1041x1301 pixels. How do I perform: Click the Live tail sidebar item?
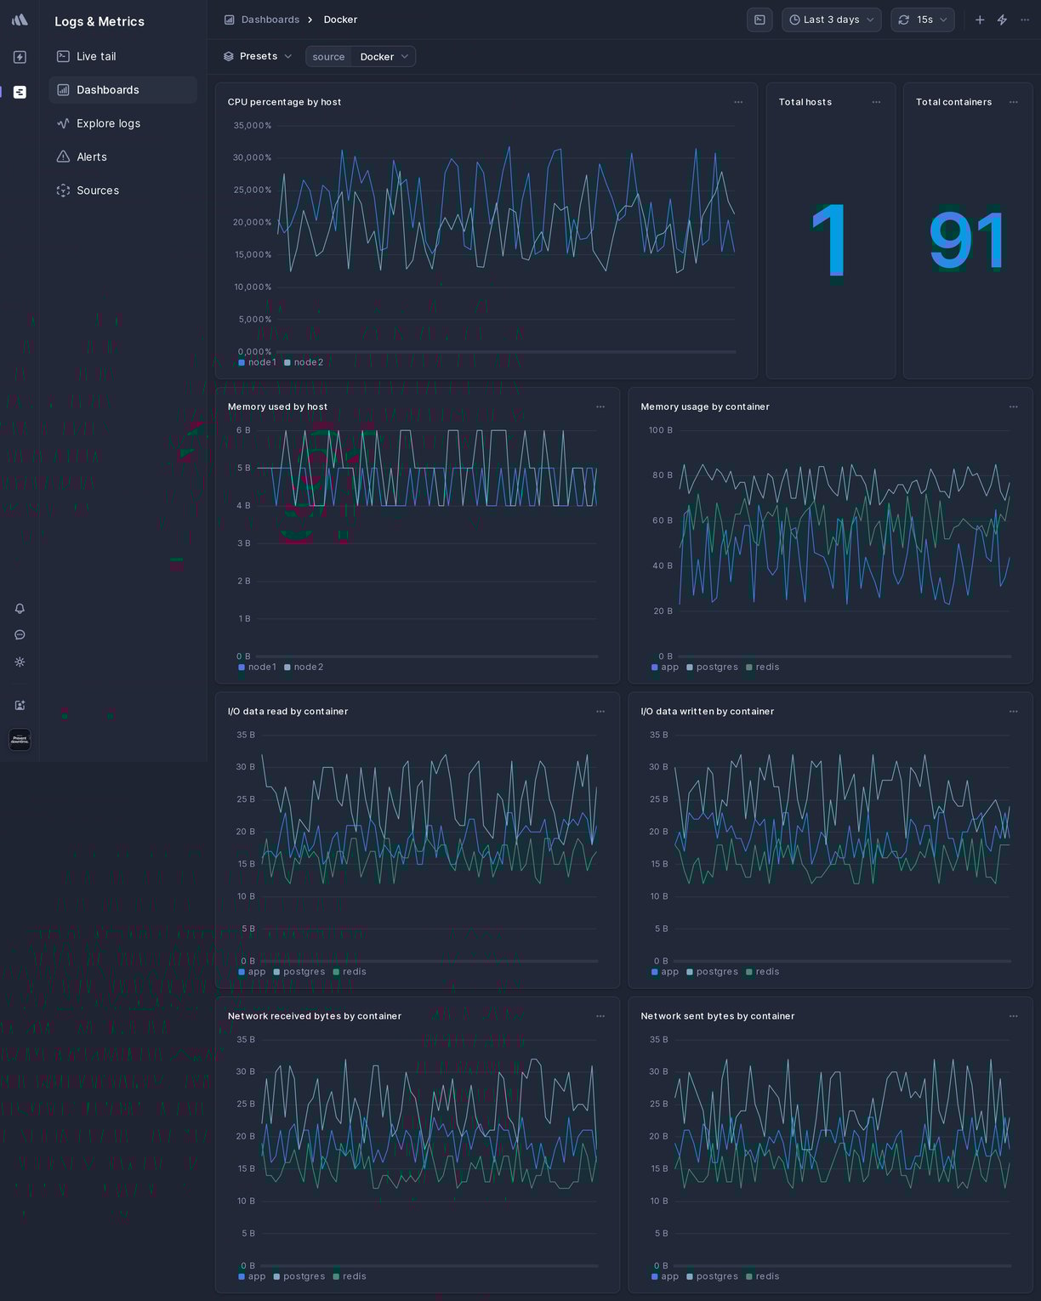[95, 56]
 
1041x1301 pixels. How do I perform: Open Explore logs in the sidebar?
[108, 123]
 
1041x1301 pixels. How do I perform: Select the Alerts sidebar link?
[91, 157]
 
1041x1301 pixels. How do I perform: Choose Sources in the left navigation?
[97, 190]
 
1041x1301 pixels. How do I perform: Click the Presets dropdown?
[258, 56]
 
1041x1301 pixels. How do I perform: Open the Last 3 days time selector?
[831, 20]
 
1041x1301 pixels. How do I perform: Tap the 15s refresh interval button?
[923, 20]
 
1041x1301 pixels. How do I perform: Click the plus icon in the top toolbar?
[980, 20]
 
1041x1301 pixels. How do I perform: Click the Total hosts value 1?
[829, 241]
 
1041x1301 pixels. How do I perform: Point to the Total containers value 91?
[967, 241]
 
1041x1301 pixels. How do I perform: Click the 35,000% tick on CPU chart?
[252, 126]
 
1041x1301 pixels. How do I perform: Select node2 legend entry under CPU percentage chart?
[308, 362]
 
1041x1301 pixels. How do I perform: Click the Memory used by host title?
[277, 406]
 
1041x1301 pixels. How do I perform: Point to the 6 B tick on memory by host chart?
[243, 430]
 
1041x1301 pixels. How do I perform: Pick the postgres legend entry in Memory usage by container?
[716, 667]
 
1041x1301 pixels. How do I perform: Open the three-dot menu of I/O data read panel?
[600, 712]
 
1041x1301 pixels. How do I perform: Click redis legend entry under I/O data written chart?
[766, 972]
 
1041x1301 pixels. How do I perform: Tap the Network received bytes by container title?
[314, 1016]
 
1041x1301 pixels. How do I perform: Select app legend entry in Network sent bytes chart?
[669, 1276]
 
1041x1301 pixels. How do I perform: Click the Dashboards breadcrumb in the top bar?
[270, 20]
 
